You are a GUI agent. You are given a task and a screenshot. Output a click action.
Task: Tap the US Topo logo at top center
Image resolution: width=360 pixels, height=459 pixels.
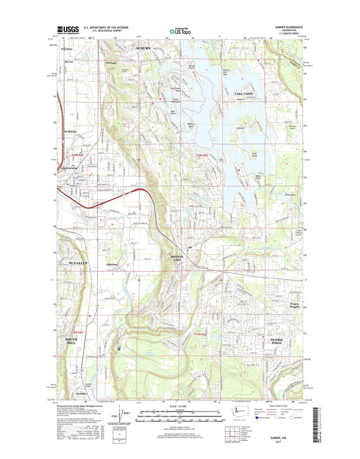tap(179, 30)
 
